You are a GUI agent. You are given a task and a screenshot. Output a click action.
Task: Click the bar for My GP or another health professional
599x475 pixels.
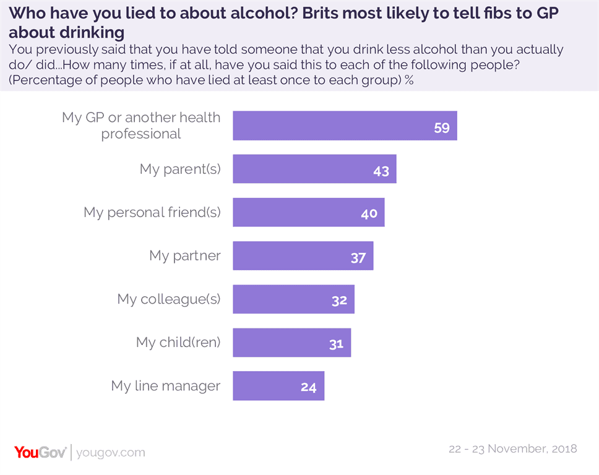(345, 126)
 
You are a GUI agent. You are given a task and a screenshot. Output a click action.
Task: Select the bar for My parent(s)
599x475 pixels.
(314, 169)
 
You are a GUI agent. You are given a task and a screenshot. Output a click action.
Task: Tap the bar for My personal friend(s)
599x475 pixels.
(308, 212)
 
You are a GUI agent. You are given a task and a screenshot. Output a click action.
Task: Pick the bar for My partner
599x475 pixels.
(303, 255)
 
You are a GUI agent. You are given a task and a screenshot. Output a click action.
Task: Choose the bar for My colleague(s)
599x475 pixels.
(293, 299)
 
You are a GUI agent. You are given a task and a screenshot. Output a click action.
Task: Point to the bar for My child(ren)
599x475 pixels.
(291, 343)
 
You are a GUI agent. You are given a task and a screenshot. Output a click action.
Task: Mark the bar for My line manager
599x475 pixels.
(278, 386)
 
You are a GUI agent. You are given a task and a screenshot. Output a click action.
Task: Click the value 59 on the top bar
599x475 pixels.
(441, 129)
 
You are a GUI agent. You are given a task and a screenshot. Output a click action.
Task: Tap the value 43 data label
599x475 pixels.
(381, 171)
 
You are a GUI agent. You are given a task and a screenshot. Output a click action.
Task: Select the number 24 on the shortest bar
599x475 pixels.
(309, 388)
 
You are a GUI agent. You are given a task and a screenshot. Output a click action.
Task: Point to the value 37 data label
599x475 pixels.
(358, 258)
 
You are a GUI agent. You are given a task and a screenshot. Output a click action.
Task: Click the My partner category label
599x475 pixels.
(184, 256)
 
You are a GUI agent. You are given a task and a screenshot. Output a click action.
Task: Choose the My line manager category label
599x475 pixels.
(165, 386)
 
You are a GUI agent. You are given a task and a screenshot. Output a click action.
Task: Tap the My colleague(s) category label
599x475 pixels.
(168, 299)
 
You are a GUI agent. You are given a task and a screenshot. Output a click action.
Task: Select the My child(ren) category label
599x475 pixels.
(178, 343)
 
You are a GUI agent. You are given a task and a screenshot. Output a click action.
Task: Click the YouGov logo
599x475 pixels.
(40, 452)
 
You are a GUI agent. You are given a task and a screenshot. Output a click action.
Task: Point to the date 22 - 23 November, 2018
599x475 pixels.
(512, 449)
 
